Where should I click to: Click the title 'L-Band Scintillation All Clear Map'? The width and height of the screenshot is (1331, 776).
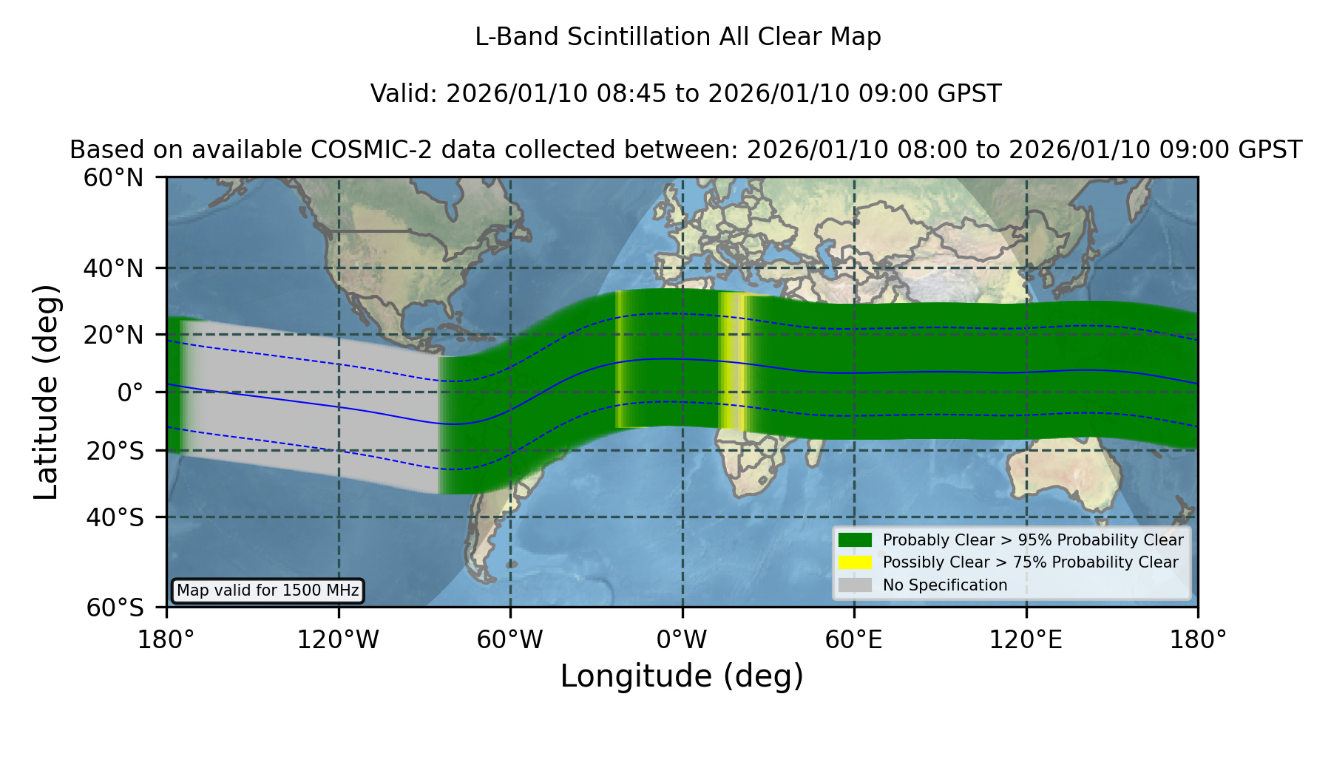click(677, 37)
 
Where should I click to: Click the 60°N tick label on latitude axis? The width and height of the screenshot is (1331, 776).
click(113, 178)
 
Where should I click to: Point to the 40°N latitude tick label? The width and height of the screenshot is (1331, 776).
click(113, 268)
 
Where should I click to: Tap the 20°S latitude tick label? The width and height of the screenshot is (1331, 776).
click(115, 451)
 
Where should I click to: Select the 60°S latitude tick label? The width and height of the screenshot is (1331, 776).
click(115, 607)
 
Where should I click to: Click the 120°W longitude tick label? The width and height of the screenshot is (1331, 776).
click(338, 639)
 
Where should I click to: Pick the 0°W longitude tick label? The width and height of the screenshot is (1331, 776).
click(682, 639)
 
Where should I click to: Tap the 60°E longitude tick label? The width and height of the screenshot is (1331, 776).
click(854, 639)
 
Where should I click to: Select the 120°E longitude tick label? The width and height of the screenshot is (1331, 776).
click(1026, 639)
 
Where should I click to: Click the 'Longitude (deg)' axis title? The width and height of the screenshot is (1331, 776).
click(682, 676)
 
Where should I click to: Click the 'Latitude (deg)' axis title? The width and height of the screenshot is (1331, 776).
click(47, 392)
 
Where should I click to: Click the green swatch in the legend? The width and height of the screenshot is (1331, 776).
click(855, 540)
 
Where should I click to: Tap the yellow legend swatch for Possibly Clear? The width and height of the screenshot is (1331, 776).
click(855, 562)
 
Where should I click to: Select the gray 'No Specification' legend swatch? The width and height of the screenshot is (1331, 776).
click(855, 585)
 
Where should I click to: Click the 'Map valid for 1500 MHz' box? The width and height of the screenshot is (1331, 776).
click(268, 590)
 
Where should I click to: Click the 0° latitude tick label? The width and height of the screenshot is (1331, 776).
click(130, 392)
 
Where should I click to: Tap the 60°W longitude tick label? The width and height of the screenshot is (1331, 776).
click(510, 639)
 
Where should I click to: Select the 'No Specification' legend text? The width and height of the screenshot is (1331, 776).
click(945, 585)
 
